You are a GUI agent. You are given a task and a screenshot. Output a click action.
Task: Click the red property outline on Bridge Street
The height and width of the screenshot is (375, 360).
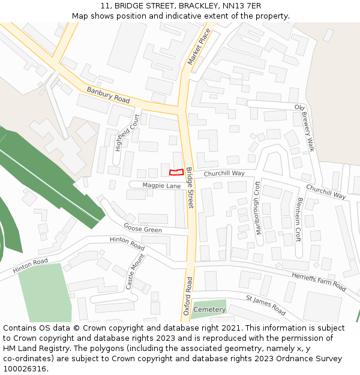[x=176, y=172]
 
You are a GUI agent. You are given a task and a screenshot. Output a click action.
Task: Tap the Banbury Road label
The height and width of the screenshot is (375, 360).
[x=108, y=95]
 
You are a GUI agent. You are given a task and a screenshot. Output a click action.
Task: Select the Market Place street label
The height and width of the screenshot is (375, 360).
[x=199, y=46]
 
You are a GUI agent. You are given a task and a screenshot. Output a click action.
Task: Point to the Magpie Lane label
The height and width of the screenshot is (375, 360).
[x=161, y=186]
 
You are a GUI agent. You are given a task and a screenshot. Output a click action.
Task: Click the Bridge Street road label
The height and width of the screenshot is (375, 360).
[x=190, y=188]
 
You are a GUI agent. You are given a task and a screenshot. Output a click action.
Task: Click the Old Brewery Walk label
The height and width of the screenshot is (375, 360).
[x=304, y=127]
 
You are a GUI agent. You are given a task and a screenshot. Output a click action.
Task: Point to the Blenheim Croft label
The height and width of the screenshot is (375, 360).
[x=298, y=220]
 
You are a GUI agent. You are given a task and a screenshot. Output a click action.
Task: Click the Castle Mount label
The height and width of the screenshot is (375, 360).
[x=135, y=272]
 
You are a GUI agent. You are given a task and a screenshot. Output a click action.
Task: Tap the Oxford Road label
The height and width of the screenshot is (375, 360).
[x=188, y=296]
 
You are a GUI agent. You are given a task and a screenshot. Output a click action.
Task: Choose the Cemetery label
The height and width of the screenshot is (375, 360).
[x=209, y=310]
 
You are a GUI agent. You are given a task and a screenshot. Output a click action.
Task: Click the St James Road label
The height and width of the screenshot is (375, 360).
[x=265, y=305]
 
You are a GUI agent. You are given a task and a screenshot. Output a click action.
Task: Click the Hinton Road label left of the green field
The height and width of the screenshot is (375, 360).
[x=30, y=265]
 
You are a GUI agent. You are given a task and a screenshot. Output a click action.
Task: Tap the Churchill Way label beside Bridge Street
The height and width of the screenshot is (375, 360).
[x=224, y=173]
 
